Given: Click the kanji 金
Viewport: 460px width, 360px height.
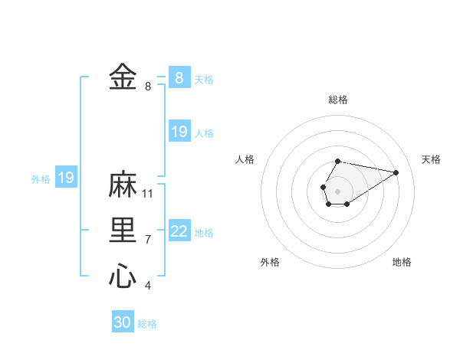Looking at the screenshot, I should click(123, 77).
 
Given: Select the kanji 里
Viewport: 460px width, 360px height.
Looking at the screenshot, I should click(123, 231).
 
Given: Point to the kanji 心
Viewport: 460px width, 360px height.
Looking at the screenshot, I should click(123, 276).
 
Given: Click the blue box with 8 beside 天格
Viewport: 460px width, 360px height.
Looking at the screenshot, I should click(179, 77).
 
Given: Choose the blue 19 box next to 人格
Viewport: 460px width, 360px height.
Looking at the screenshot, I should click(179, 132).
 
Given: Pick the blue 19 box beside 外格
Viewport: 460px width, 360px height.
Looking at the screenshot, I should click(66, 178).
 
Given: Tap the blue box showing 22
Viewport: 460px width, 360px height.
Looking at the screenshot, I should click(179, 231).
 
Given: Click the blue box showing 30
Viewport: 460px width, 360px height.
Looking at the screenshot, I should click(123, 322).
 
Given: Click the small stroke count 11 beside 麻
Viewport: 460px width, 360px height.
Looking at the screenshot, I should click(148, 194).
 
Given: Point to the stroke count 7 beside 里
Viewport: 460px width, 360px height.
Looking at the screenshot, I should click(148, 240).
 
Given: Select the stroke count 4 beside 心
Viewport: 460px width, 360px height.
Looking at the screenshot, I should click(148, 286).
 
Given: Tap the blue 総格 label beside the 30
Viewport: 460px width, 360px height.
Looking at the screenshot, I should click(147, 324).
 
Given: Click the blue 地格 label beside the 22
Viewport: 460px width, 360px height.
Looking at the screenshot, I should click(204, 233).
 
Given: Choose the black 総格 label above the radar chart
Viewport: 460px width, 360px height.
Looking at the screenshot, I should click(338, 100).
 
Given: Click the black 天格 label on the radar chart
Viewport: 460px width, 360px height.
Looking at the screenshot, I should click(431, 159).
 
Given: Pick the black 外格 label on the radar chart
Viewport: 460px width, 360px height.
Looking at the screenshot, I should click(270, 262).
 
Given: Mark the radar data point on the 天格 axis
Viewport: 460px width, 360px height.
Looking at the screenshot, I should click(396, 172).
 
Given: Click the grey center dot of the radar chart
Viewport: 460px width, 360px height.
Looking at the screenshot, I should click(338, 190).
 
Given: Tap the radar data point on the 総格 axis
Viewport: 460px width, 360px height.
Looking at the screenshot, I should click(338, 161).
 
